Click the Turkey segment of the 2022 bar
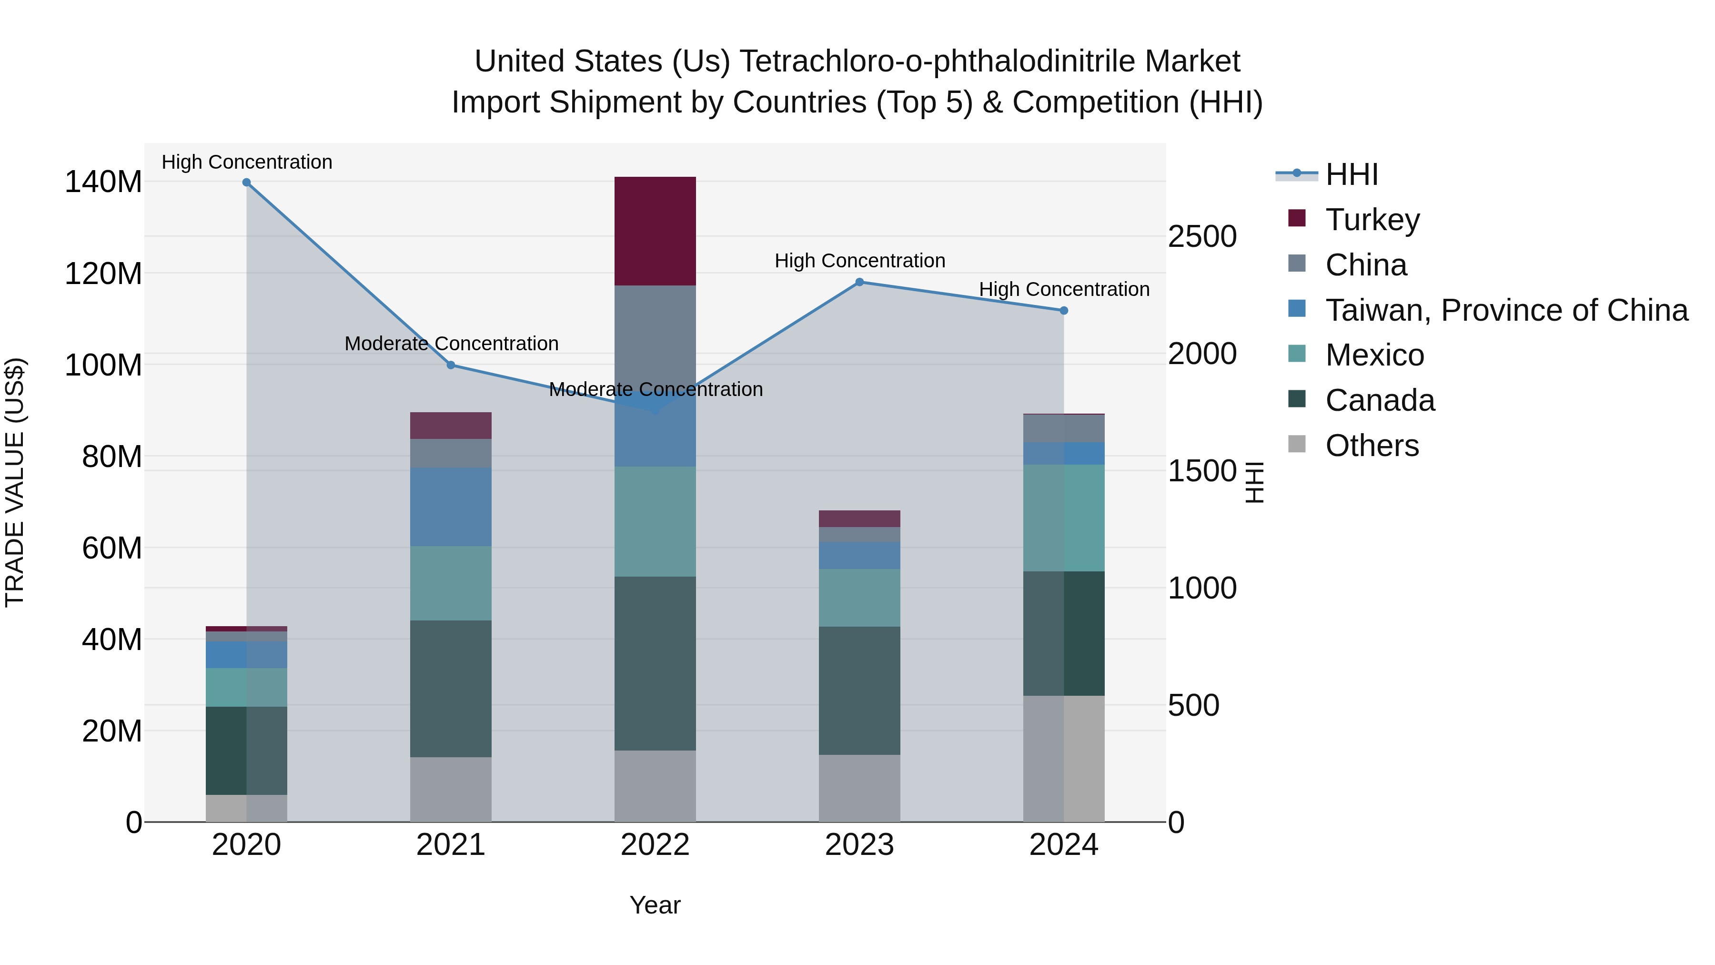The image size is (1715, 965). point(655,231)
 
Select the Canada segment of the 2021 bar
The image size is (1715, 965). point(451,689)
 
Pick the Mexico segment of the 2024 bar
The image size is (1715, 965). point(1063,518)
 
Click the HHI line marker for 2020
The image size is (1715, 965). point(246,183)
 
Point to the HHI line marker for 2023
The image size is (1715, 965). point(859,283)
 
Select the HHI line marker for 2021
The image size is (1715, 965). point(451,365)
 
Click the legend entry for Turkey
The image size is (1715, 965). point(1372,220)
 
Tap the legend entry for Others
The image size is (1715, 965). point(1372,446)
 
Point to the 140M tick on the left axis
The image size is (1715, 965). point(103,182)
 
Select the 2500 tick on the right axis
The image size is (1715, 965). point(1202,236)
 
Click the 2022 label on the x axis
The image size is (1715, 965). point(655,845)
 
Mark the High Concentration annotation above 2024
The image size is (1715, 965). point(1064,289)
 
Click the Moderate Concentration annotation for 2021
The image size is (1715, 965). point(451,344)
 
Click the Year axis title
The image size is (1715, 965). point(655,905)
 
